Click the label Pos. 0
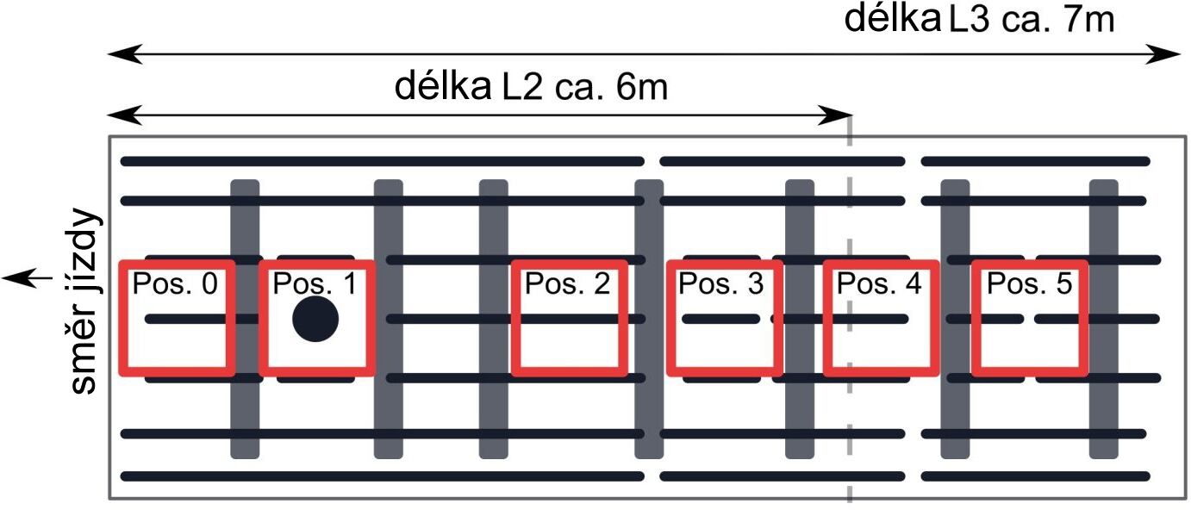(x=175, y=283)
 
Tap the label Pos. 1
(x=315, y=283)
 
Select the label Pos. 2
(x=567, y=283)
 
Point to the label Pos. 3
(x=721, y=283)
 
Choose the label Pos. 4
(x=879, y=283)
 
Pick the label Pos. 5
(x=1030, y=283)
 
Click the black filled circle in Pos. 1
(x=315, y=319)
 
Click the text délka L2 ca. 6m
(x=531, y=87)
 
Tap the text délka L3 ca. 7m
(x=979, y=20)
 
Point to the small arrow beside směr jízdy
(x=28, y=277)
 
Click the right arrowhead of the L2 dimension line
(x=836, y=115)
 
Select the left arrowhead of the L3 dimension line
(x=126, y=54)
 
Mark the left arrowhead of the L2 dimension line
(x=126, y=115)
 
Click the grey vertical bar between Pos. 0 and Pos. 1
(x=245, y=319)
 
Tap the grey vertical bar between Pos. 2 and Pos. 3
(x=649, y=319)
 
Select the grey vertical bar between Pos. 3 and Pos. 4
(x=800, y=319)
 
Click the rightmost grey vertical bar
(x=1104, y=319)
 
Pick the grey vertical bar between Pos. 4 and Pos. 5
(x=956, y=319)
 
